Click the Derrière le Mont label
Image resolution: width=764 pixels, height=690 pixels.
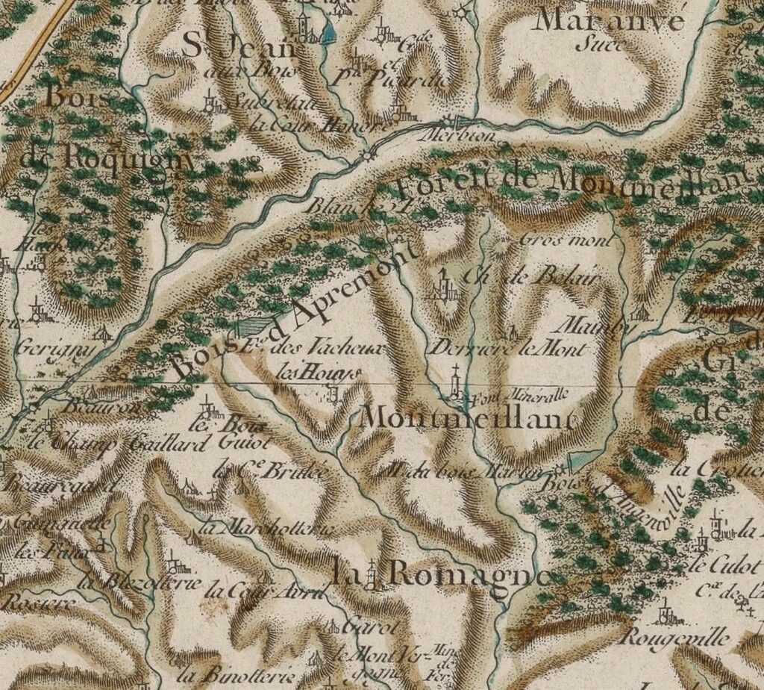pyautogui.click(x=510, y=349)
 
